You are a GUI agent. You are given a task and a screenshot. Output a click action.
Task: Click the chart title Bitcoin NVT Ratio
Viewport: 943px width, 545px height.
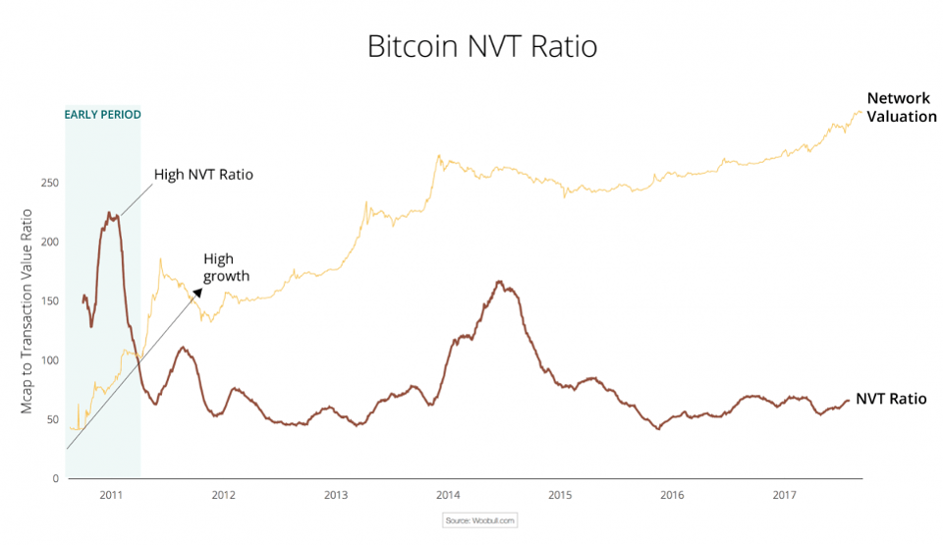click(481, 46)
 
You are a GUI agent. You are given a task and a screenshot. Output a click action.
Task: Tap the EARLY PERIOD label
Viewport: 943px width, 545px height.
click(102, 115)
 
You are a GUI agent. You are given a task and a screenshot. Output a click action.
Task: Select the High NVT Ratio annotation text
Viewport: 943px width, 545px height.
click(203, 175)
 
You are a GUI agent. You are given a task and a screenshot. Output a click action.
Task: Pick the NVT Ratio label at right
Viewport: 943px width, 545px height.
click(891, 399)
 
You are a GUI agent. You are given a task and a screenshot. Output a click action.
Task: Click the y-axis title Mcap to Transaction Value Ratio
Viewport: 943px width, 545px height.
click(28, 311)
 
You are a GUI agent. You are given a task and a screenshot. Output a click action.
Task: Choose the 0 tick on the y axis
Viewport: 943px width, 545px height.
click(55, 478)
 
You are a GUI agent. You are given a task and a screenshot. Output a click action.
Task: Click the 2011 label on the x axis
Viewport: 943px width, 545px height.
click(111, 495)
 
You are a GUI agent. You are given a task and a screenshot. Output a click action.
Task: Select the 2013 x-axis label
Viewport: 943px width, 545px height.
click(336, 495)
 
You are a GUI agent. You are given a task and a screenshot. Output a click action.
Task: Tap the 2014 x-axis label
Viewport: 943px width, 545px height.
click(448, 495)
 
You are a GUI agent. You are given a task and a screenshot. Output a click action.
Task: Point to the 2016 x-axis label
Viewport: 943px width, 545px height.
click(672, 495)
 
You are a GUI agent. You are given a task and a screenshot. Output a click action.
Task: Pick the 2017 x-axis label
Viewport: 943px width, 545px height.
click(784, 495)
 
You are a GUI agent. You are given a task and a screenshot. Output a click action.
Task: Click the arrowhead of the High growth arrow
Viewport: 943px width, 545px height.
click(197, 292)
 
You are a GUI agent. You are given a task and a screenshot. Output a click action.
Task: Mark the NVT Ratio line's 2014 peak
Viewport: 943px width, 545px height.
click(500, 283)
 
